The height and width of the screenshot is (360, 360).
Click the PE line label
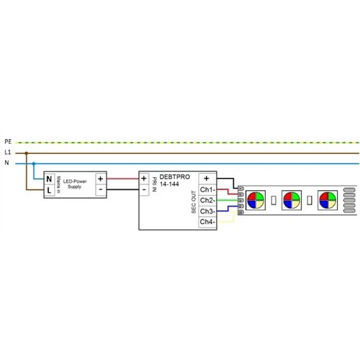point(8,142)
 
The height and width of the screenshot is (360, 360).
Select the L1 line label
point(8,153)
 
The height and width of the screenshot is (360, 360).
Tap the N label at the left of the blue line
point(7,163)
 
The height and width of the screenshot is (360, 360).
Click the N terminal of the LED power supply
point(49,178)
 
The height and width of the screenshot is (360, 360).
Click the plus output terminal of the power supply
point(101,178)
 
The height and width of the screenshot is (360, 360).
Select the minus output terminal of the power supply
point(101,189)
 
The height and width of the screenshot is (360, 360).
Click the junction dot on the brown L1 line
point(27,153)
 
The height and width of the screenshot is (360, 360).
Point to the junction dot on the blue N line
point(34,163)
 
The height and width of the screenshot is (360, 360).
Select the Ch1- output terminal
point(207,189)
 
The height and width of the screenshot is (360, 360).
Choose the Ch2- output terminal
point(207,200)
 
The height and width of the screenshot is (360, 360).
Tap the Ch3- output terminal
point(207,211)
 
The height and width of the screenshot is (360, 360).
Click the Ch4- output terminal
point(207,222)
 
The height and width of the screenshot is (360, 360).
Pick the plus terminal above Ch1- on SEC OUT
point(207,178)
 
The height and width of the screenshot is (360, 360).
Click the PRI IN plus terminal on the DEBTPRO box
point(144,178)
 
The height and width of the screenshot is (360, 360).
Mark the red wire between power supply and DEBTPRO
point(123,178)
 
